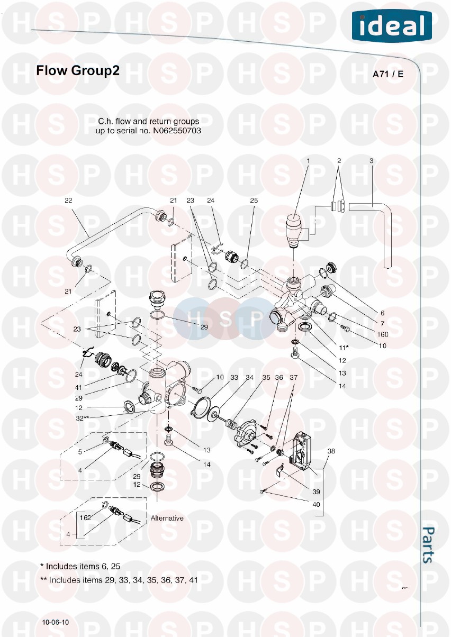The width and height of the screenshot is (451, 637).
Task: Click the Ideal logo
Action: (392, 26)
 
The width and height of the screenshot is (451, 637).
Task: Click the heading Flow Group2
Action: (78, 71)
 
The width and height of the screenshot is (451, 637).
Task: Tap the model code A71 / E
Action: (388, 74)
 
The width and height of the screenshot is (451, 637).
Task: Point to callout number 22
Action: (68, 200)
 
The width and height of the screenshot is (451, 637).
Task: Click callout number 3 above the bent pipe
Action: (371, 161)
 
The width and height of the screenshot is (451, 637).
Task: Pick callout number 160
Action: (382, 334)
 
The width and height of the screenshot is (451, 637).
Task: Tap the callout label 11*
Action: (344, 348)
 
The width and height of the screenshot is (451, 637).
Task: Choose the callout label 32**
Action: (83, 418)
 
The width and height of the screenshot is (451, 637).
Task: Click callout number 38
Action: (331, 451)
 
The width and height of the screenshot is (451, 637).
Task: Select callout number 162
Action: (85, 517)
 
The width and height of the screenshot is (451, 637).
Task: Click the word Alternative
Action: (167, 518)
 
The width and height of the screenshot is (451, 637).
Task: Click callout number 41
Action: (78, 387)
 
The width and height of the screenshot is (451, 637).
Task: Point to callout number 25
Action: (254, 200)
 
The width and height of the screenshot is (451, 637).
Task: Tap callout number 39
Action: (316, 492)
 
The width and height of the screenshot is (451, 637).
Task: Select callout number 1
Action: (308, 161)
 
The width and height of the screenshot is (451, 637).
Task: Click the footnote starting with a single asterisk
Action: (80, 566)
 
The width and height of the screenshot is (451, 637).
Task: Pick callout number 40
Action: (316, 505)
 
